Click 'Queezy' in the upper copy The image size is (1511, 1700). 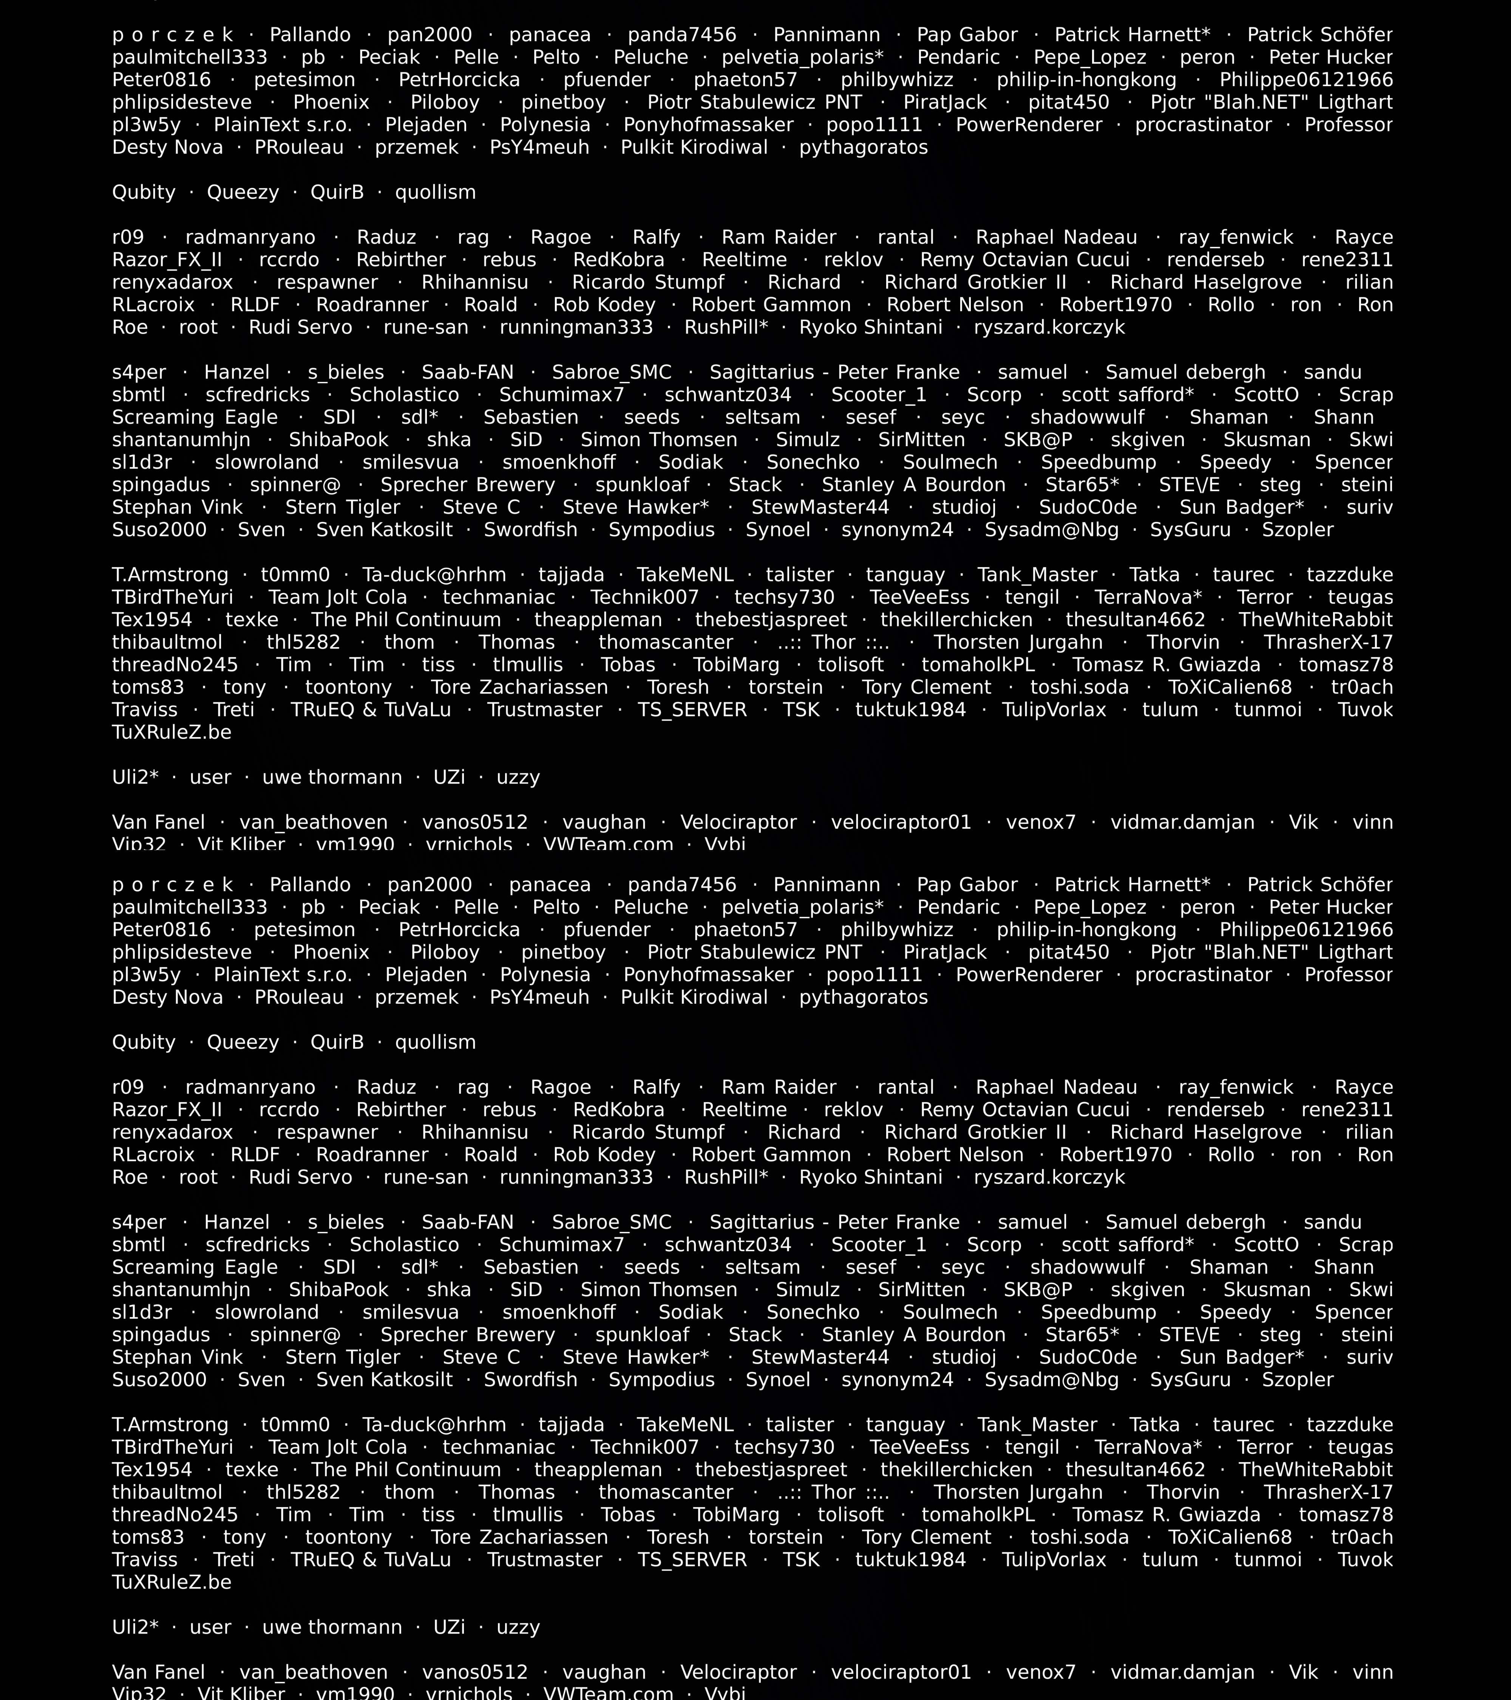tap(243, 192)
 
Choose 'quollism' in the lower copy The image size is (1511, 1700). tap(436, 1042)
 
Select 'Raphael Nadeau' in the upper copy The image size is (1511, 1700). tap(1056, 237)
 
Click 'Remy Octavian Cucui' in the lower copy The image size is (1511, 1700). tap(1024, 1110)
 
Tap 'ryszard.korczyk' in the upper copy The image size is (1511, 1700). tap(1049, 328)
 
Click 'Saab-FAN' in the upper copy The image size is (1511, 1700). tap(467, 372)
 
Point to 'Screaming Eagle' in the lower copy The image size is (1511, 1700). tap(195, 1267)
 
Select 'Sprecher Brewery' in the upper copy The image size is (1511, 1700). tap(467, 485)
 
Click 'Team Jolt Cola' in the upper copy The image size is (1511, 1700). tap(338, 597)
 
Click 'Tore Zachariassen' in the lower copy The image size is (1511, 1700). tap(519, 1537)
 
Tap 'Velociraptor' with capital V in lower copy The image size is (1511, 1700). tap(738, 1672)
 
